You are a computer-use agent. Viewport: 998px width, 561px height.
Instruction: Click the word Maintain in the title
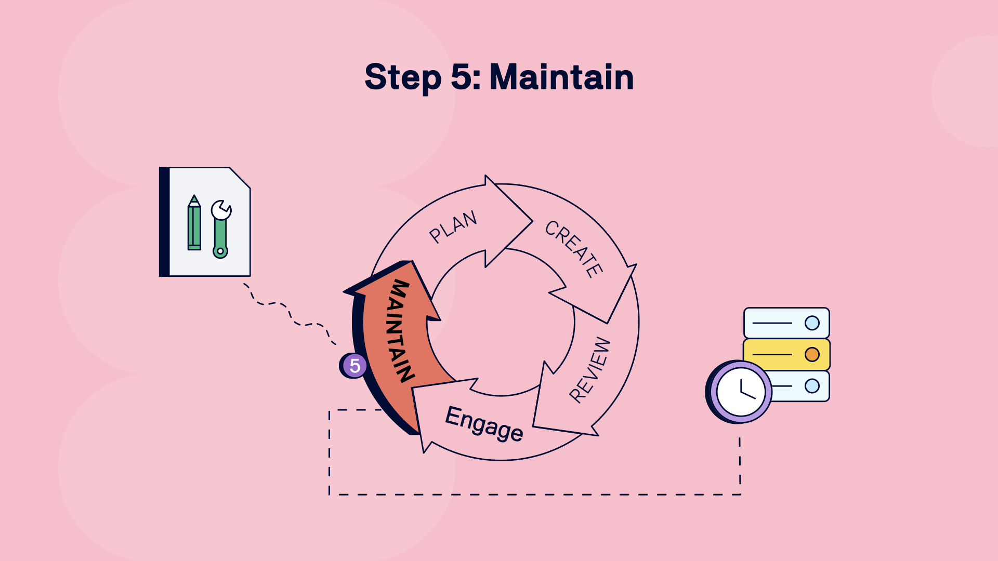tap(561, 77)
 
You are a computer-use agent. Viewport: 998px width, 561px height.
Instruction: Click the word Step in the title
tap(403, 77)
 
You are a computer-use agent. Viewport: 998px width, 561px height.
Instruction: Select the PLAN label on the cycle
tap(453, 226)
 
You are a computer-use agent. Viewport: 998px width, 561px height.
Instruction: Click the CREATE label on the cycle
tap(574, 249)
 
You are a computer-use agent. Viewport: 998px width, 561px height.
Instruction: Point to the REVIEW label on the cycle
tap(590, 370)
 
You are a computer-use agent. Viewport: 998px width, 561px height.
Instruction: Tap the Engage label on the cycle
tap(484, 424)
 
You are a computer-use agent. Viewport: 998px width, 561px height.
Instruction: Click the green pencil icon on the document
tap(194, 223)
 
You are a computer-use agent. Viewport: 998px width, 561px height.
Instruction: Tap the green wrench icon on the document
tap(220, 229)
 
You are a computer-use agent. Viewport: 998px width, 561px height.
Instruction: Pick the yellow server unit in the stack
tap(786, 354)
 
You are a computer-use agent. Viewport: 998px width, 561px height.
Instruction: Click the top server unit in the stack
tap(786, 323)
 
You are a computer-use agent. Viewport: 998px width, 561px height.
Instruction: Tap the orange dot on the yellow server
tap(812, 354)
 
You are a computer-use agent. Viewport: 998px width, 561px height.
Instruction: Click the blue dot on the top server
tap(812, 323)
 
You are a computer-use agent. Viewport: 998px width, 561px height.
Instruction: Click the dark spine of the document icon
tap(164, 222)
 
